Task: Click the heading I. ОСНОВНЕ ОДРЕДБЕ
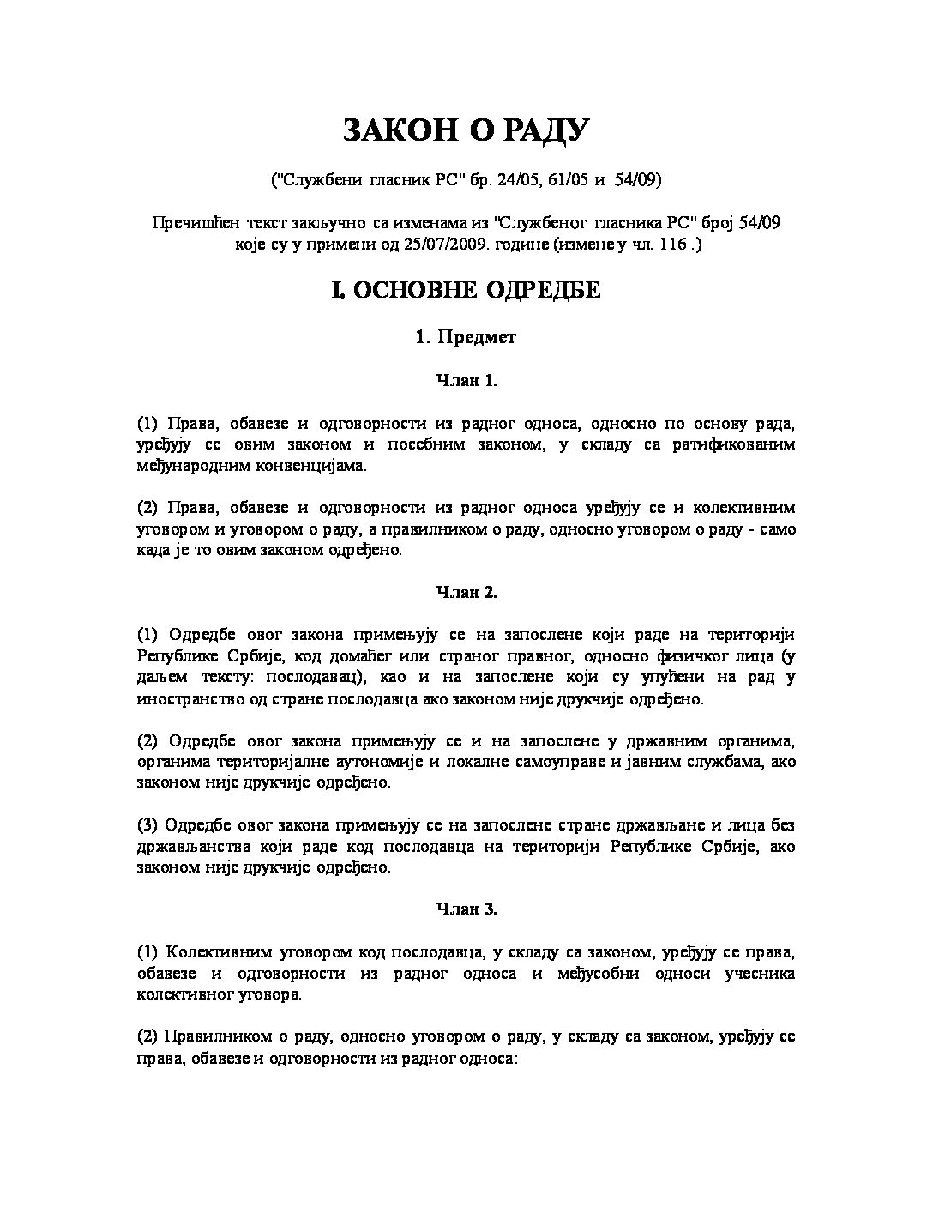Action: pos(466,290)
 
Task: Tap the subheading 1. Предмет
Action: pos(466,337)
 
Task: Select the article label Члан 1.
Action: pos(466,381)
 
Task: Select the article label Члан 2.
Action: pos(466,592)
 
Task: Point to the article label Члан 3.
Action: pos(466,909)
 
